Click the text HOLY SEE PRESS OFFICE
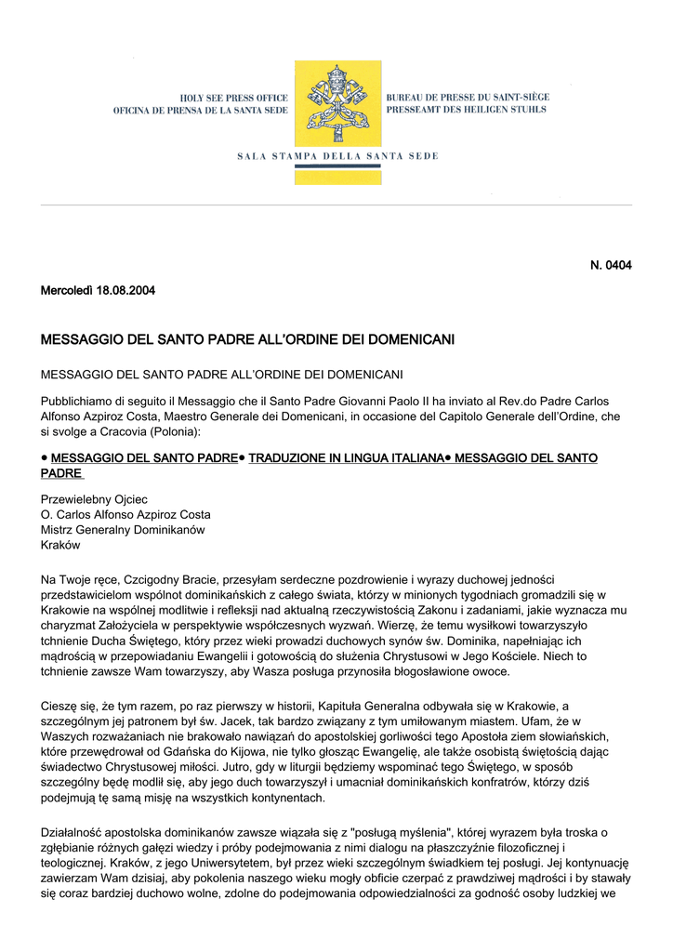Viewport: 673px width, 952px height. [x=234, y=98]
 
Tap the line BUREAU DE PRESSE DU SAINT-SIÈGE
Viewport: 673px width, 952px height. [x=468, y=97]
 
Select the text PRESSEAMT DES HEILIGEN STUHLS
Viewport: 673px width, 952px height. [x=466, y=110]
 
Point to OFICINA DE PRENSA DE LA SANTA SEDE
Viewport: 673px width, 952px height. [x=201, y=111]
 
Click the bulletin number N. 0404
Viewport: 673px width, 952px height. [x=611, y=266]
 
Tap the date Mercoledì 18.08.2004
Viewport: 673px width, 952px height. [x=98, y=291]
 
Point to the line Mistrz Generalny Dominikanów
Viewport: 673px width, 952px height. [x=123, y=530]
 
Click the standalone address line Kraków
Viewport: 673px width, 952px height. [x=61, y=546]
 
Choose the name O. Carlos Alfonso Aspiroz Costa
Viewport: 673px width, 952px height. [x=125, y=514]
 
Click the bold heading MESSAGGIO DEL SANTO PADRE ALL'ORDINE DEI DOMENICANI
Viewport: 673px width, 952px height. [x=247, y=340]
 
